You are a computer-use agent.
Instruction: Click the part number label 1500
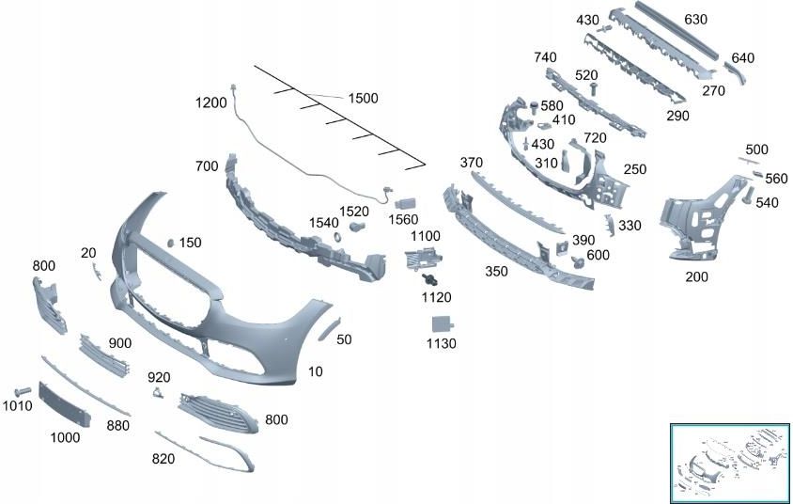coord(363,98)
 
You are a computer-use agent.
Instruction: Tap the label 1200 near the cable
coord(210,102)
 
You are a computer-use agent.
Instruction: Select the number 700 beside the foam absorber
coord(207,166)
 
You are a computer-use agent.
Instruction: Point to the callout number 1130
coord(441,343)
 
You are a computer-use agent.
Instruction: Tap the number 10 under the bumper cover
coord(315,371)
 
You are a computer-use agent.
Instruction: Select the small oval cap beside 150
coord(171,242)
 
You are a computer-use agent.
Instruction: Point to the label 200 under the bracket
coord(696,276)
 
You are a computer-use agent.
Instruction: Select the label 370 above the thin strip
coord(472,163)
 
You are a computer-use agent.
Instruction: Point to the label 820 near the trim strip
coord(163,458)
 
